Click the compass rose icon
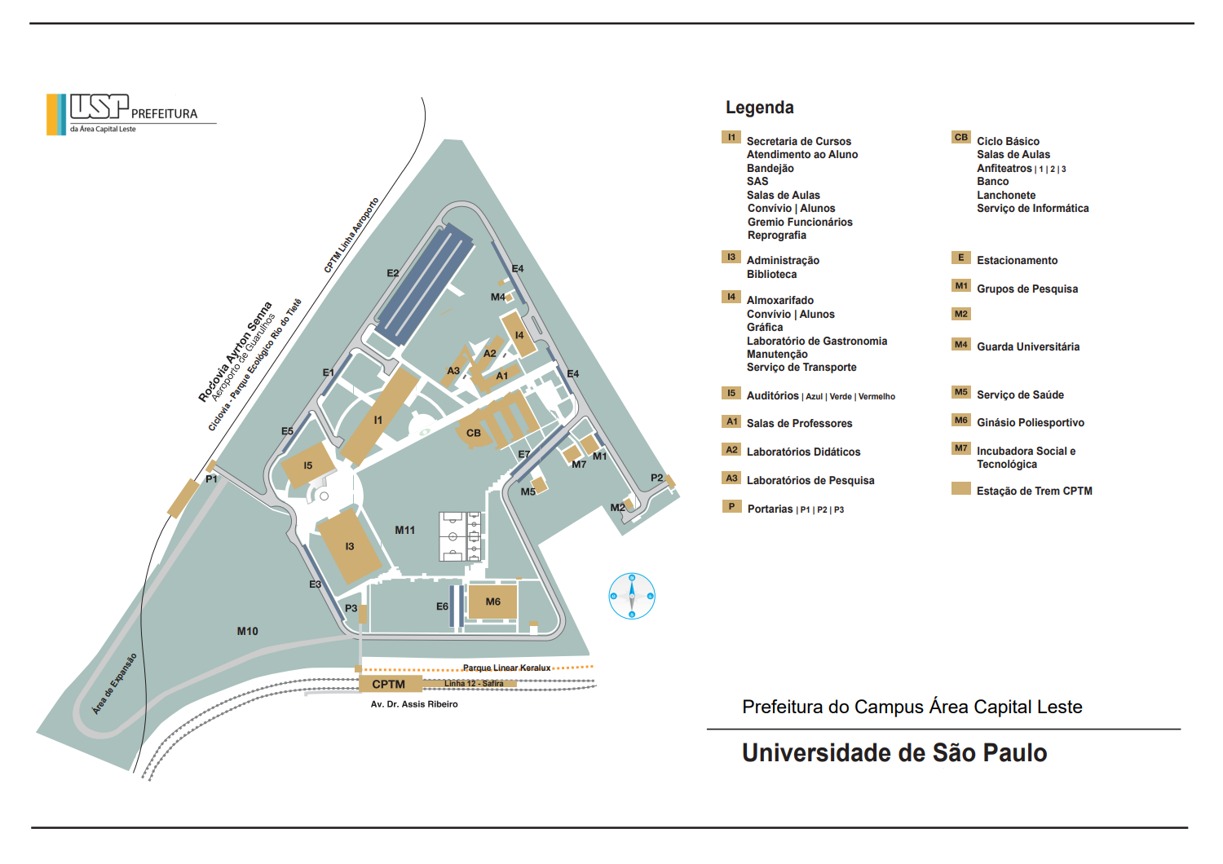(632, 596)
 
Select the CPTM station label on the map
(389, 684)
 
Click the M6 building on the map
(492, 602)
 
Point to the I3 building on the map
(350, 546)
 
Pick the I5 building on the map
(308, 465)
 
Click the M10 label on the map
(247, 631)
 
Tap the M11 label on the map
(404, 530)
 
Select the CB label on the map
(474, 433)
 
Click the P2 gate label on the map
(657, 478)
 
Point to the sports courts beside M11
(461, 536)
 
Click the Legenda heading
(759, 107)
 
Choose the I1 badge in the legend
(731, 137)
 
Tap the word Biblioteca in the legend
(771, 274)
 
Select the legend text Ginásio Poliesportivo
(1031, 422)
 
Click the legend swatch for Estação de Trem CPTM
(961, 488)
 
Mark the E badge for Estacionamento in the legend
(961, 257)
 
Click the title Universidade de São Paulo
(894, 752)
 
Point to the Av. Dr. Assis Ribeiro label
(414, 704)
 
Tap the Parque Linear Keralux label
(506, 668)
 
